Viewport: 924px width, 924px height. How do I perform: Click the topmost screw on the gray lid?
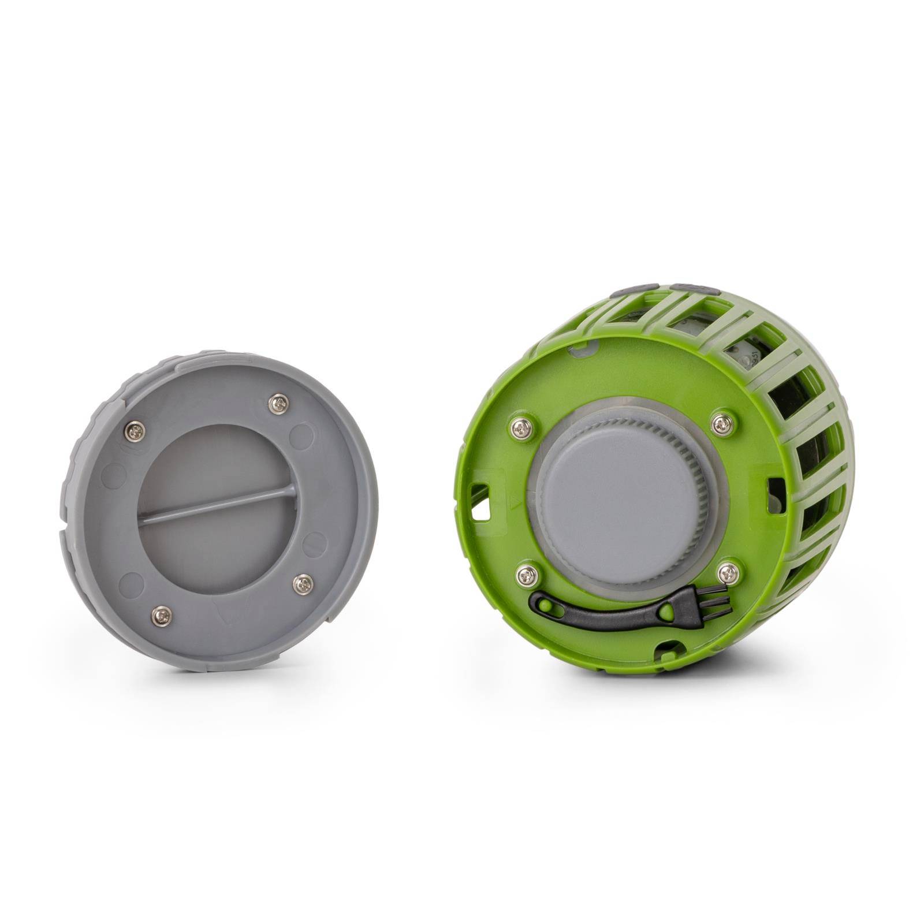tap(280, 403)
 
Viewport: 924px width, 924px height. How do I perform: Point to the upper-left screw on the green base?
tap(518, 428)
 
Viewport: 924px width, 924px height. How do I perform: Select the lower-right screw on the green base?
tap(728, 573)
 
